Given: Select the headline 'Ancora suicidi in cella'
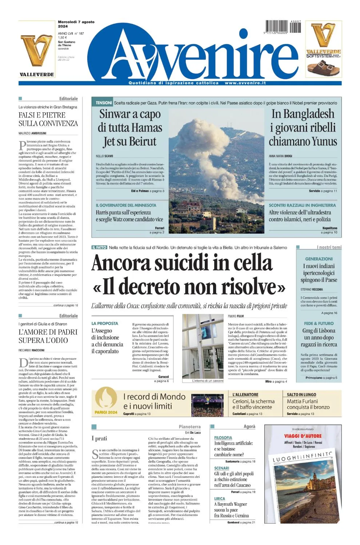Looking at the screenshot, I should coord(182,263).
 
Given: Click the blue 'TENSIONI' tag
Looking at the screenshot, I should coord(104,103).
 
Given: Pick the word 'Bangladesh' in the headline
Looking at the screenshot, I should coord(303,114).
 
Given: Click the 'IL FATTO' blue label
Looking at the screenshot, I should coord(99,247).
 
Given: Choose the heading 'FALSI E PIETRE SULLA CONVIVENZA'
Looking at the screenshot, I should coord(48,119).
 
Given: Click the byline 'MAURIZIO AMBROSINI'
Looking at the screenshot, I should coord(32,133).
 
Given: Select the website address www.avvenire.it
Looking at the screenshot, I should coord(245,83).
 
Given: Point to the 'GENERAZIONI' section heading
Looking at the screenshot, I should coord(319,259).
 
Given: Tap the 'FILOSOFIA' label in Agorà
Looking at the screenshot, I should coord(223,438).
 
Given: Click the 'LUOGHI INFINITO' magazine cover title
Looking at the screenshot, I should coord(303,457).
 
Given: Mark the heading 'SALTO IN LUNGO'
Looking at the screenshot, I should coord(301,395).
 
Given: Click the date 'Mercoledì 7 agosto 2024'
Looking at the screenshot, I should coord(76,24).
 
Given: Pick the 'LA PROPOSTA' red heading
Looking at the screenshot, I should coord(105,323).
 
